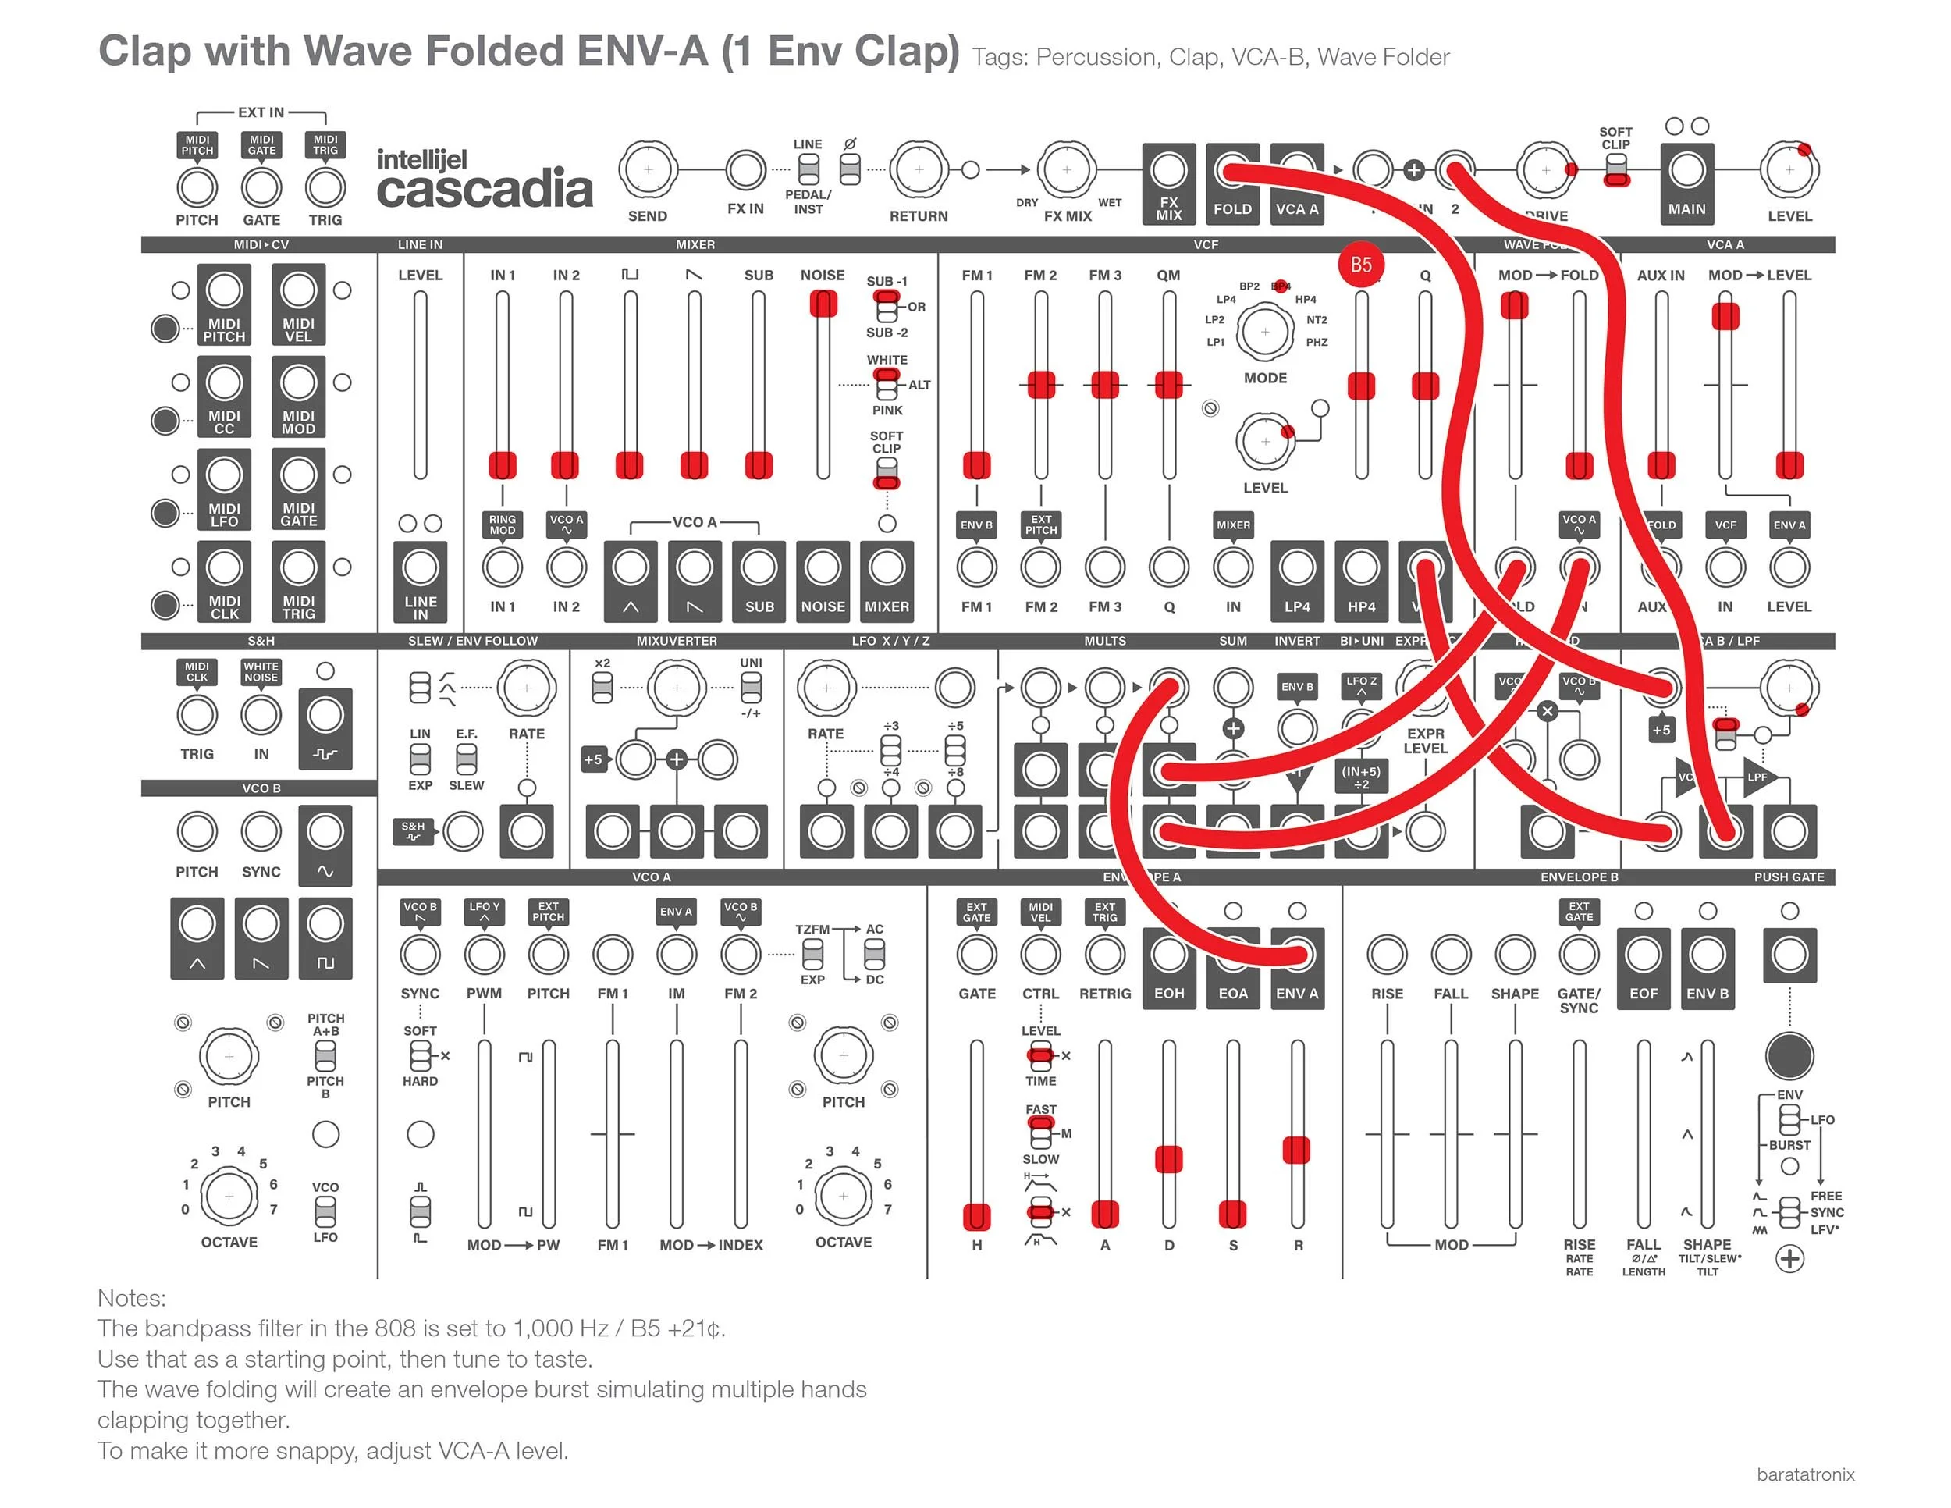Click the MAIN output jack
point(1686,169)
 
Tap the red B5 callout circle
point(1360,265)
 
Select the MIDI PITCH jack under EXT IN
point(197,187)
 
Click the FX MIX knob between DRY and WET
point(1067,169)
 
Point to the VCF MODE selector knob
point(1265,332)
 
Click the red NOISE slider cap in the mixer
point(823,304)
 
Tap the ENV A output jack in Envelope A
point(1297,954)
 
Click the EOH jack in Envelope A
point(1168,954)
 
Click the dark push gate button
point(1789,1055)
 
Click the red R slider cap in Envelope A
point(1296,1150)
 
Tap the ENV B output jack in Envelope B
point(1708,954)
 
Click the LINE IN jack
point(420,567)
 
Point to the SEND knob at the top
point(648,169)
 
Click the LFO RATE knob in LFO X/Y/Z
point(826,688)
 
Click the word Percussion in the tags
point(1095,57)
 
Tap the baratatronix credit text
point(1805,1475)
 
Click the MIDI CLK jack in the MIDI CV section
point(224,567)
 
